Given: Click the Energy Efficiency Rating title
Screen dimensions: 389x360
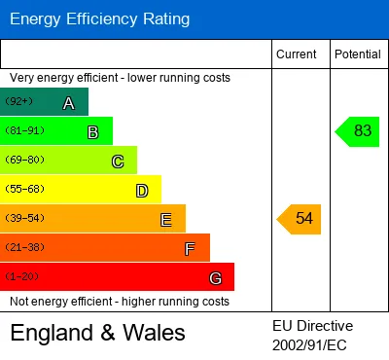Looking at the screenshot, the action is point(99,19).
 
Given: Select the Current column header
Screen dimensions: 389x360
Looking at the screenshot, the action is point(297,54).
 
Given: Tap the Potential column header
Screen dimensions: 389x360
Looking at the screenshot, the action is point(358,54).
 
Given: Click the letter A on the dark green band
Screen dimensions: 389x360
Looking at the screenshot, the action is point(69,103).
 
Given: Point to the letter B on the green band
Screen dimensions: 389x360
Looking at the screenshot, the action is point(93,132).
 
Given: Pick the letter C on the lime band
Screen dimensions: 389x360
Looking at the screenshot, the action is point(118,162).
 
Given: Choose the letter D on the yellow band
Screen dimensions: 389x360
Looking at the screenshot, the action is point(142,191).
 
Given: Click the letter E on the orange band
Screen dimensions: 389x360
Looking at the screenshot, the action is point(166,220).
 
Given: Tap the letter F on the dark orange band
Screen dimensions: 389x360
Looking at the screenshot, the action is point(190,249).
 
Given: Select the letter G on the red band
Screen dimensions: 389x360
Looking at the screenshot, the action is point(216,278).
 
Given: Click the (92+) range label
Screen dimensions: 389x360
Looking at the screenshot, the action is point(19,101).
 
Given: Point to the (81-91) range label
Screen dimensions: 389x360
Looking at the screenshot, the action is point(24,130).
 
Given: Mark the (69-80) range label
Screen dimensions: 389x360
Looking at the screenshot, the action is point(24,160).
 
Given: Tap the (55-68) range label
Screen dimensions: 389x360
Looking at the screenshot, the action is point(24,189).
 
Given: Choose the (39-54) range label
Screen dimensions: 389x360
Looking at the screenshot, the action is point(24,218).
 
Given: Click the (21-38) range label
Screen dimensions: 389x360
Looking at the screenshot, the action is point(24,247).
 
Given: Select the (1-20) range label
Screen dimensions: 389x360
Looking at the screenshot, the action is point(21,276).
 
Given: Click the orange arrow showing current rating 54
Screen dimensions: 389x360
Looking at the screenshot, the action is point(299,219).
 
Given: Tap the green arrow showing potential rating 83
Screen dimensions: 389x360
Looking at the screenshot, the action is point(357,131).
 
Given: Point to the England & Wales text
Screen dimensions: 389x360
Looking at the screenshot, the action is point(97,333).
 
